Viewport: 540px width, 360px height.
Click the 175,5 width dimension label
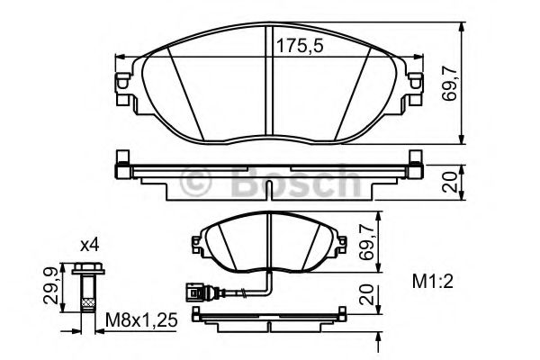pyautogui.click(x=300, y=46)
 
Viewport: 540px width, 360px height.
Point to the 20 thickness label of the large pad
pyautogui.click(x=451, y=182)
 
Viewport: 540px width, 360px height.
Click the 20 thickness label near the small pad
pyautogui.click(x=366, y=294)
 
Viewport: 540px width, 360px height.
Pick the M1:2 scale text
pyautogui.click(x=433, y=282)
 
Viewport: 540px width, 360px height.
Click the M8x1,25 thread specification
pyautogui.click(x=141, y=320)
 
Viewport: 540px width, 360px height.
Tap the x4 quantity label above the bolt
pyautogui.click(x=89, y=246)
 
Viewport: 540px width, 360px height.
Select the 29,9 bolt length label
pyautogui.click(x=51, y=286)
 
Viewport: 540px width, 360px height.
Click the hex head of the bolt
pyautogui.click(x=88, y=269)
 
